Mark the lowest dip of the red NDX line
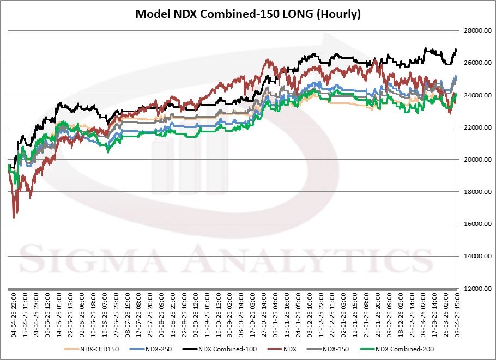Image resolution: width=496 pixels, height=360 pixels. pos(14,218)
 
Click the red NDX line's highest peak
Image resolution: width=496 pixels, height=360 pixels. pos(267,60)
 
